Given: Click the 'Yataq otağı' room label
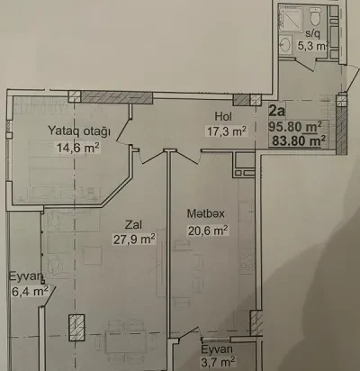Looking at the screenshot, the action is [x=79, y=131].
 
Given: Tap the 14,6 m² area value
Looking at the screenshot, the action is [x=78, y=148].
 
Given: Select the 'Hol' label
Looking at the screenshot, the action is [x=223, y=116].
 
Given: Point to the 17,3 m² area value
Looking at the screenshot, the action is [x=227, y=131].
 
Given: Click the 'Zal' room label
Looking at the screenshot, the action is [x=134, y=224].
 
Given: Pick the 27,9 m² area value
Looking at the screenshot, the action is [x=134, y=239].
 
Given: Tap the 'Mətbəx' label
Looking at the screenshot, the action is [x=206, y=213].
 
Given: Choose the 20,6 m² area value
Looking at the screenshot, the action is [x=208, y=231].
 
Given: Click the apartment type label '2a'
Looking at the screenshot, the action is [x=276, y=111].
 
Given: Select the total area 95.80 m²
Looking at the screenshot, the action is [x=295, y=126].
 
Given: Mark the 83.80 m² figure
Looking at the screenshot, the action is [x=299, y=140].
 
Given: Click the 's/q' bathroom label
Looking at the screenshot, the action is [x=312, y=33].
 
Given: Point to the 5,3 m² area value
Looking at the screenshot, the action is [x=311, y=46].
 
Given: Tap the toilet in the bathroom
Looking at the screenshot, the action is [x=315, y=17].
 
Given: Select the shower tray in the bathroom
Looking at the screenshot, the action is [x=291, y=18].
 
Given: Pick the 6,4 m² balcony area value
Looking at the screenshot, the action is [x=30, y=291].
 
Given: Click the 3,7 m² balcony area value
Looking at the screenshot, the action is [x=218, y=362].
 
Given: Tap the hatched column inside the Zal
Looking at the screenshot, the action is [x=76, y=328].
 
